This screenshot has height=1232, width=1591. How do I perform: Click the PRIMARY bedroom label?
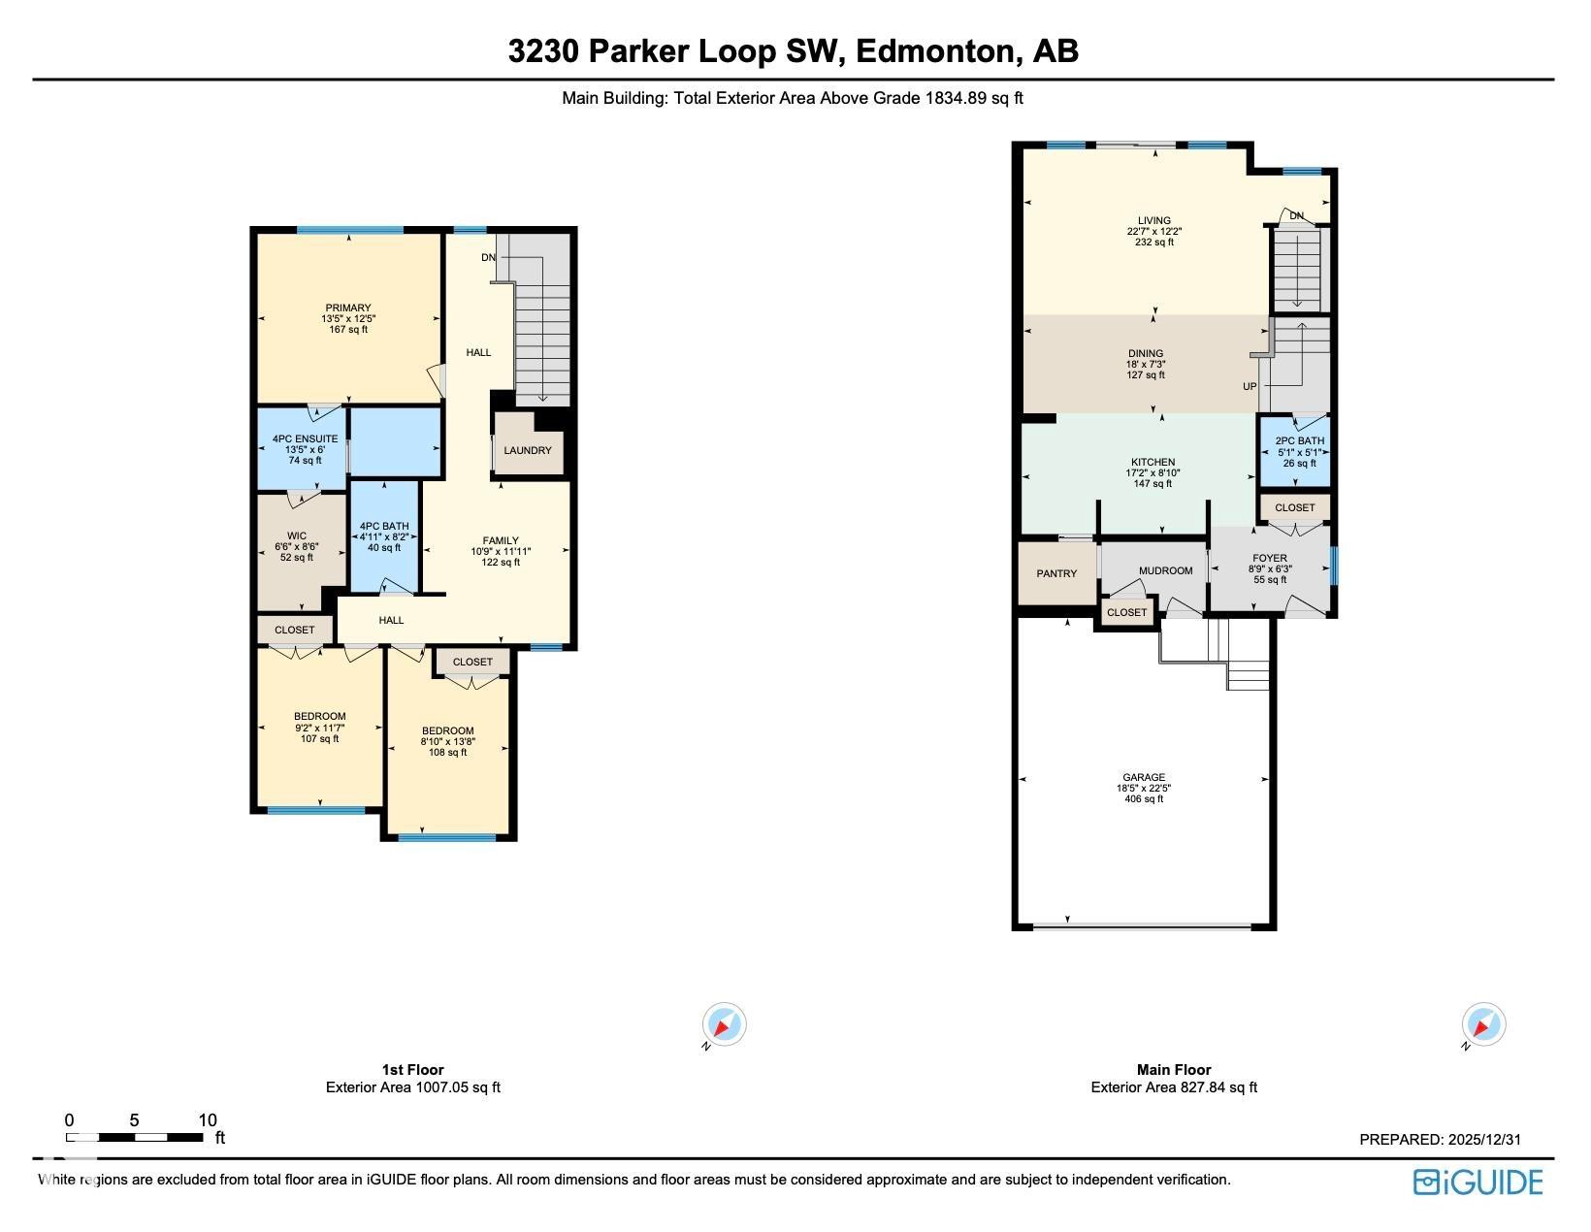coord(347,308)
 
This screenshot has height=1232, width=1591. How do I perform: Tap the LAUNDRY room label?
coord(527,450)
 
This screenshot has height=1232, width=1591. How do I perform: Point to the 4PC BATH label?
coord(383,526)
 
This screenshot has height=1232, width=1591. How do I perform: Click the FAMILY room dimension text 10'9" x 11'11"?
coord(500,551)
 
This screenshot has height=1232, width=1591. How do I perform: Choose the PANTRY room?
coord(1056,573)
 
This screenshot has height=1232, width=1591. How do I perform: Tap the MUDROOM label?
coord(1166,570)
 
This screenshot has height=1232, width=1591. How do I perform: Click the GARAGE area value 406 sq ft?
coord(1144,798)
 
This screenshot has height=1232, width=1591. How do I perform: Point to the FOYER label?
coord(1270,558)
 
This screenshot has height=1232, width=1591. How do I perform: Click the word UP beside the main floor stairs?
coord(1250,386)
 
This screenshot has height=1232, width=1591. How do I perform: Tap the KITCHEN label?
coord(1153,462)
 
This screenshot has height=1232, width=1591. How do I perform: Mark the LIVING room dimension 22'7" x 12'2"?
coord(1153,231)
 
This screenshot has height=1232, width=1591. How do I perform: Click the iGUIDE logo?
coord(1477,1183)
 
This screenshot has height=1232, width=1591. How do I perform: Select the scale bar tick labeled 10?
coord(208,1120)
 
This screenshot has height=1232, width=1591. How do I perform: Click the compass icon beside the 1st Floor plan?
coord(724,1023)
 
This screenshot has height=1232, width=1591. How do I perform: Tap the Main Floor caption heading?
coord(1174,1069)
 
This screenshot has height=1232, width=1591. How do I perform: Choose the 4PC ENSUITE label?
coord(306,438)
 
